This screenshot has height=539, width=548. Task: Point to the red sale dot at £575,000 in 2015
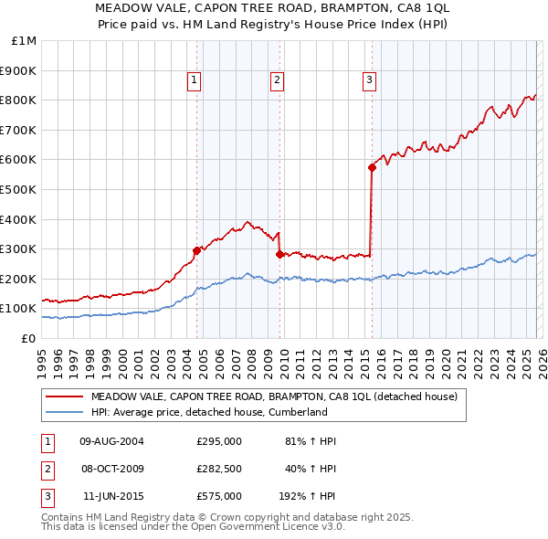pos(372,167)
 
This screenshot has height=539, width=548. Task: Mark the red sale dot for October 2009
pos(279,254)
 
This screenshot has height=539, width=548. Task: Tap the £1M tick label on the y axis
pos(25,41)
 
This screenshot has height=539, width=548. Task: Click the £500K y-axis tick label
pos(19,189)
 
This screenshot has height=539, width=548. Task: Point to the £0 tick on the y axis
pos(28,338)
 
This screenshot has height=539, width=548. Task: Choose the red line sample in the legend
pos(65,397)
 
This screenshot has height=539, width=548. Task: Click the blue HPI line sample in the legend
pos(65,412)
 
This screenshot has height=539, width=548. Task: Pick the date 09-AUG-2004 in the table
pos(111,441)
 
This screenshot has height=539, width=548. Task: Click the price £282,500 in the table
pos(219,469)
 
